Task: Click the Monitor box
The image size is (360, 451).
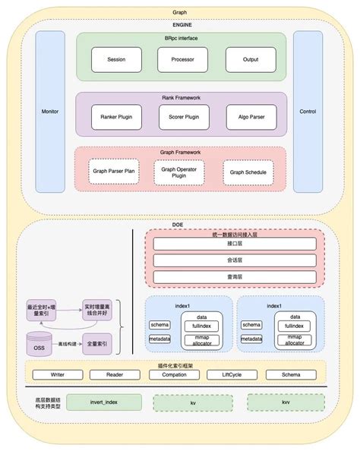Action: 51,112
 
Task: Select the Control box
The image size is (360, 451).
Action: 308,112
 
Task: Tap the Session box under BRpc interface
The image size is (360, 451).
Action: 116,59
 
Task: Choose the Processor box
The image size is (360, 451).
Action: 182,59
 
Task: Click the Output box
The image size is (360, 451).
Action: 250,59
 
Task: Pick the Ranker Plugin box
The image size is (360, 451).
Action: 116,117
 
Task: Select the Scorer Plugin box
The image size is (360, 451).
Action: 182,117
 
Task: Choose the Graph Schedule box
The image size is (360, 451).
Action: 248,172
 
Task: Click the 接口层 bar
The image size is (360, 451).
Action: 234,244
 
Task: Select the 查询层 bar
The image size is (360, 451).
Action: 234,279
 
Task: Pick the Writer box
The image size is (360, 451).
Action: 57,375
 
